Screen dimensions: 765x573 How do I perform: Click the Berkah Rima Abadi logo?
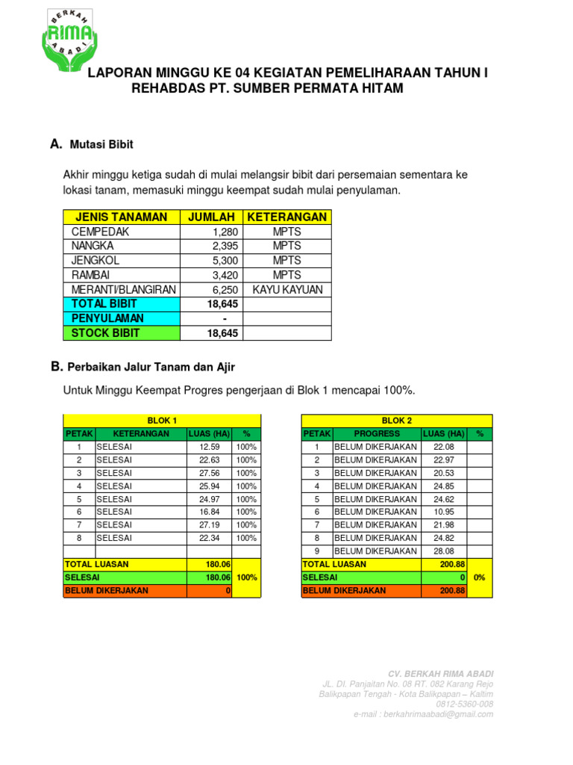(x=69, y=37)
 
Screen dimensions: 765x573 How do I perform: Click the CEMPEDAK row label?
(x=95, y=232)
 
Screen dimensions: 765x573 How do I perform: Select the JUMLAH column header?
(x=211, y=217)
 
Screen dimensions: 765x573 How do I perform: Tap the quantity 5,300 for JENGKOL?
(x=225, y=261)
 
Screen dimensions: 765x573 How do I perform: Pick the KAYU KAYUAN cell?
(x=287, y=289)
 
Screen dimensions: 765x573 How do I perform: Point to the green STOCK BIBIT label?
(x=105, y=332)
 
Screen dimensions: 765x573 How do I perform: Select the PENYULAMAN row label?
(x=107, y=318)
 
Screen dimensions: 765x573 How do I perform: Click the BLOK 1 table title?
(x=162, y=421)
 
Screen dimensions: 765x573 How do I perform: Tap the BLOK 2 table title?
(x=396, y=421)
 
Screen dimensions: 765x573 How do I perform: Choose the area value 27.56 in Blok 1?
(x=210, y=473)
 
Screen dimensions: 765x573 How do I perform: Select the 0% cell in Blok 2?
(x=480, y=577)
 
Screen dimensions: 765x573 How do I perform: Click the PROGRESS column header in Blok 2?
(x=377, y=433)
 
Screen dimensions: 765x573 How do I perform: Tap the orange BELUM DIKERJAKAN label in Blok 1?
(x=107, y=590)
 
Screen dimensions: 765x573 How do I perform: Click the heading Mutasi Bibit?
(x=101, y=144)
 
